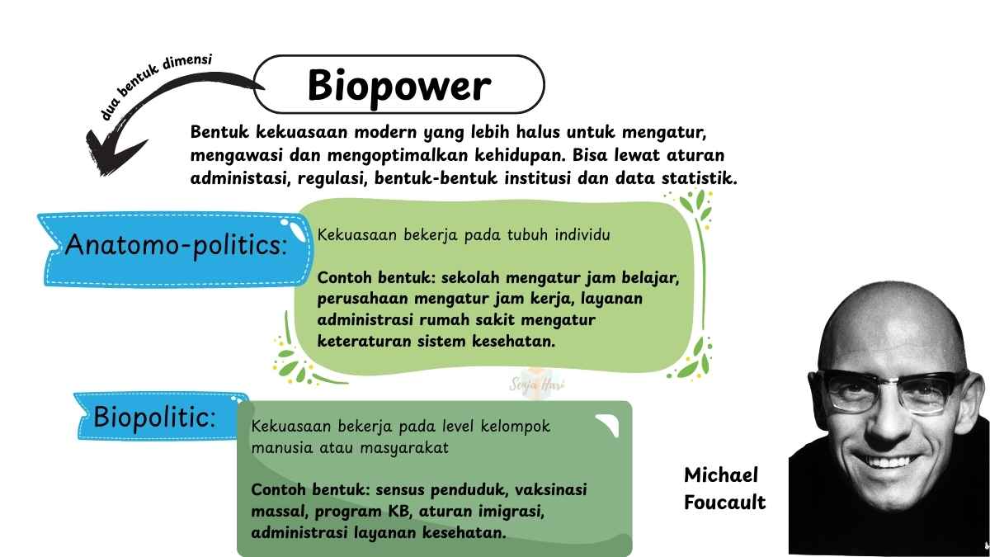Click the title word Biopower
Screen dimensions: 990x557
point(399,86)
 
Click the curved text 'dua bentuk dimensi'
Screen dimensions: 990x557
point(156,85)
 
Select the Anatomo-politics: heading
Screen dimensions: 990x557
point(176,245)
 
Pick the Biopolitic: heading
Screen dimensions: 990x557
point(154,417)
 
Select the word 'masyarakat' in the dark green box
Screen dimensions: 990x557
point(404,448)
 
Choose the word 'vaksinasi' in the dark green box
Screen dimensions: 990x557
point(551,490)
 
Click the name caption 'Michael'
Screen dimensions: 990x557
point(721,475)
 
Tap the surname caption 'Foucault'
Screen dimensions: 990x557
point(725,503)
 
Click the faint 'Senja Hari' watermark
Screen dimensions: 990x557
point(537,385)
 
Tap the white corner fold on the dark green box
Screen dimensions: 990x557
point(608,424)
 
